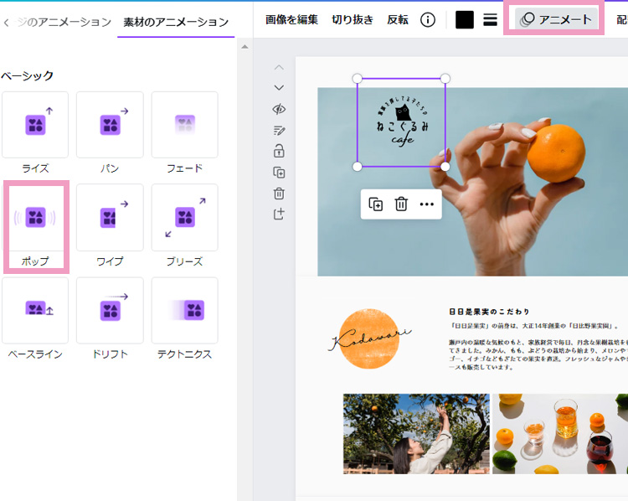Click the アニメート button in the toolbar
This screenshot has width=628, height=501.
(557, 19)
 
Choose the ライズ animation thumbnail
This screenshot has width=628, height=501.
(35, 126)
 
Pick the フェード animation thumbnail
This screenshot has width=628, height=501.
(184, 126)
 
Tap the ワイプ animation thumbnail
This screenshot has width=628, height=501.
(110, 218)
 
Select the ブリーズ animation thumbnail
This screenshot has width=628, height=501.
(184, 218)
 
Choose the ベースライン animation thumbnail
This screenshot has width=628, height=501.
(35, 311)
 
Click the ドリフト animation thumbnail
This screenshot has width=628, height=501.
(110, 311)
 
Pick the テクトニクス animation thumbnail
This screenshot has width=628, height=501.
(184, 311)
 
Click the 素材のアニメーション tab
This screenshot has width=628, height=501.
(175, 22)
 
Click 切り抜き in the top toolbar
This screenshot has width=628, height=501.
(353, 19)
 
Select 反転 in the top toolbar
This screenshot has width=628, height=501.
(398, 19)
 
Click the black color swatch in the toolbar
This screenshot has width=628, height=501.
(465, 19)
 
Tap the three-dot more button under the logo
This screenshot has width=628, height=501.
(426, 204)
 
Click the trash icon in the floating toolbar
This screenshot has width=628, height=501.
(401, 204)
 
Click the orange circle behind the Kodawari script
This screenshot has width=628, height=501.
(370, 338)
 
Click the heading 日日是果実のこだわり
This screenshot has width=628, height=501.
(489, 312)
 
